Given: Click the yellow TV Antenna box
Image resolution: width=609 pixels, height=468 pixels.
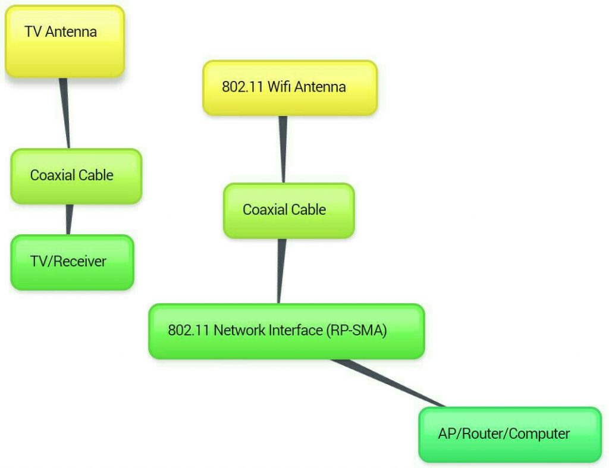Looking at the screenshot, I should pos(64,41).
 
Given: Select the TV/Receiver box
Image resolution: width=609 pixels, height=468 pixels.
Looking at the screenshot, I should pos(72,262).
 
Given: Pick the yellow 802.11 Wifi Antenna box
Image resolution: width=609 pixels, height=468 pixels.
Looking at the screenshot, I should pos(290,87).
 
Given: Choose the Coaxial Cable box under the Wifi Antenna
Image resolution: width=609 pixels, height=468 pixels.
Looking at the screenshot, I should pos(288,211).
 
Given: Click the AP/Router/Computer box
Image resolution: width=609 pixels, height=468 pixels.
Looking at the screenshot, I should pos(510,434).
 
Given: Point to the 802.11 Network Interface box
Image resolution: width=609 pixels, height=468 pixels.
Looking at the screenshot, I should pos(286,331).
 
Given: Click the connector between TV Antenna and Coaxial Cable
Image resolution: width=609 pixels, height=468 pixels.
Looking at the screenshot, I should pos(65,113).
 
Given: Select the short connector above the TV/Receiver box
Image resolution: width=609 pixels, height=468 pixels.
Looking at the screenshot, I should pos(69,219).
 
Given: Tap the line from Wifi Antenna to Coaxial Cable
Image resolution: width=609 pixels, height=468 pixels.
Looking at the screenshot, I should pos(283,149).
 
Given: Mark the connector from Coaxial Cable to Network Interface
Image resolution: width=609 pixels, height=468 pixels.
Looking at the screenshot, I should pos(281,271).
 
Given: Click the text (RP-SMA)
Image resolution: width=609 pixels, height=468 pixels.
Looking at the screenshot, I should pos(356,331).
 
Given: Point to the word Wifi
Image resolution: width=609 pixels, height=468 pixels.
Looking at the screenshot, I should pos(280,87).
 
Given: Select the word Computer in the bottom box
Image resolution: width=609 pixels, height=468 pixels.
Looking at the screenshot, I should pos(539,434).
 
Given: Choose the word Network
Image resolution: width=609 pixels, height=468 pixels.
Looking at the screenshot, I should pos(237,331).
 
